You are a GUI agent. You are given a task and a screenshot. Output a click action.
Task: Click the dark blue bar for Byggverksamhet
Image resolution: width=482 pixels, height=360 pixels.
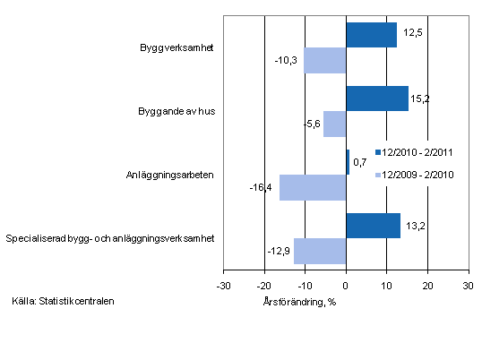tap(371, 35)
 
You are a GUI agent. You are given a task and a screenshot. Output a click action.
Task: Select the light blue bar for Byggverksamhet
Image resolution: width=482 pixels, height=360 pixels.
tap(325, 61)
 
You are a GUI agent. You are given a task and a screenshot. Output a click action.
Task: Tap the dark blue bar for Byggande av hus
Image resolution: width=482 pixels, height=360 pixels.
tap(377, 99)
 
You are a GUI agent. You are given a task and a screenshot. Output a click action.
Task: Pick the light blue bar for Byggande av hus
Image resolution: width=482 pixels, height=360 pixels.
tap(335, 124)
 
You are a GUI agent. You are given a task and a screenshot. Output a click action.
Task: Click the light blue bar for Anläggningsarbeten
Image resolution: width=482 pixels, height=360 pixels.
tap(313, 187)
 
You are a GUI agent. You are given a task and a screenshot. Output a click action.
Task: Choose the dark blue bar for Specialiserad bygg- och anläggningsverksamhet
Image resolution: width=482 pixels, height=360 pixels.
tap(373, 226)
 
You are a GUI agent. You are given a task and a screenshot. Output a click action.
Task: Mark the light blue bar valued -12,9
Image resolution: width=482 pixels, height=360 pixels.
tap(320, 251)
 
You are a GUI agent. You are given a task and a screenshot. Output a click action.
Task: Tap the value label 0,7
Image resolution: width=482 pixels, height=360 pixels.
tap(360, 161)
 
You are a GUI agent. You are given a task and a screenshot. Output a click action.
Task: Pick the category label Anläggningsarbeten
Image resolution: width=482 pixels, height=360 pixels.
tap(176, 175)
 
